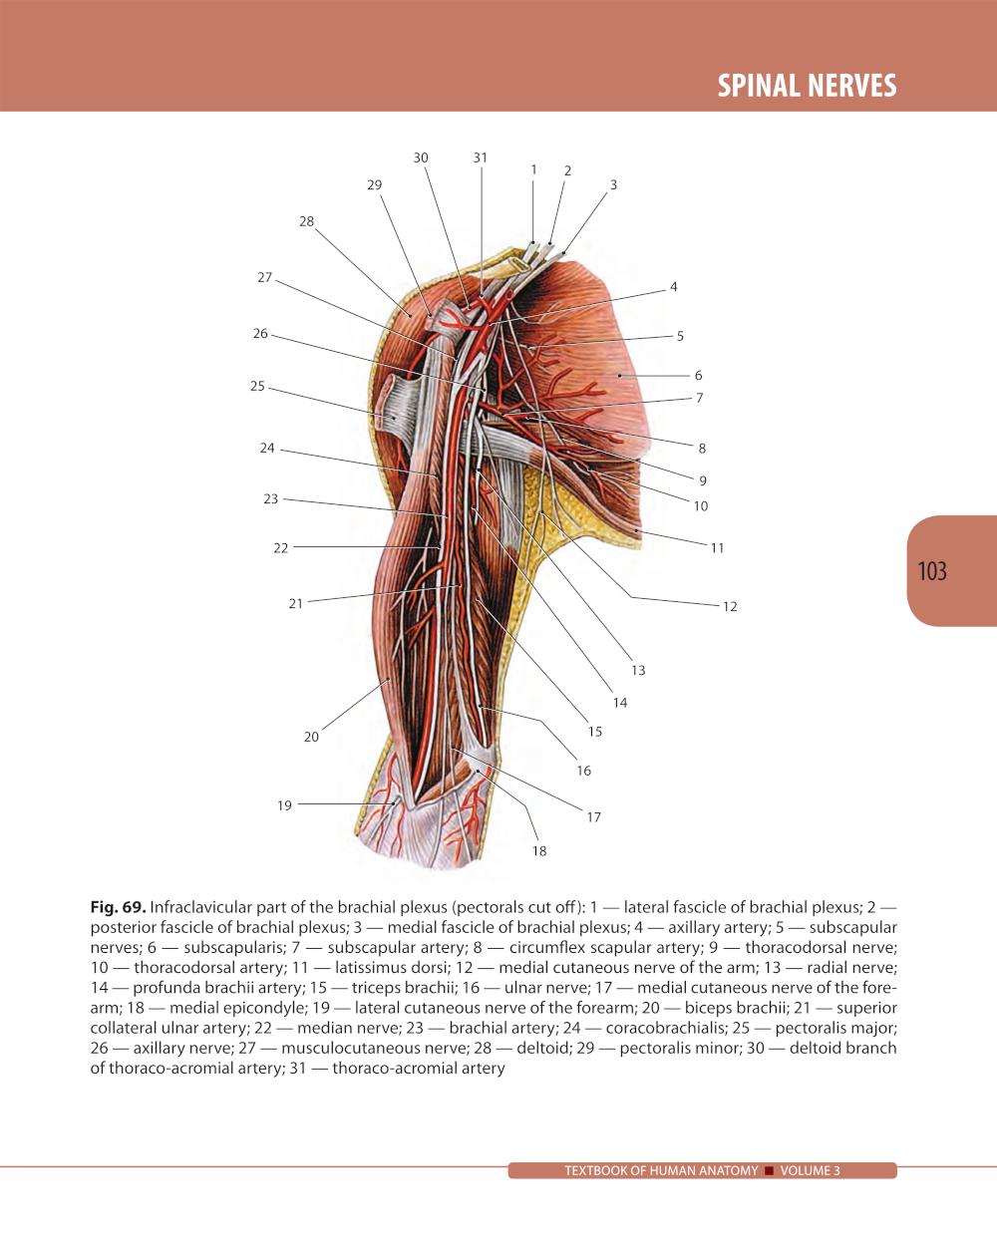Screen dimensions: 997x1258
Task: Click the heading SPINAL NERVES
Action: pos(807,86)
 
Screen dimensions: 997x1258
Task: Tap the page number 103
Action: pos(932,571)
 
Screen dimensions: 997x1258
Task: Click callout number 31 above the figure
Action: pos(481,157)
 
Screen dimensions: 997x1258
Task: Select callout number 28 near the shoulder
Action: pos(306,221)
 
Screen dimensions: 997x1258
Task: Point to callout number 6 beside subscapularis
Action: pos(698,375)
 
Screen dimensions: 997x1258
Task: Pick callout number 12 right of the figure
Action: pos(730,606)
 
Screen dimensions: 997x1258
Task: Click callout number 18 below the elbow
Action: pos(539,851)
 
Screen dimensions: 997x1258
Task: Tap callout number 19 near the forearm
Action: pos(284,805)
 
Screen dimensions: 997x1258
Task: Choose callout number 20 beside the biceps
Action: pos(311,737)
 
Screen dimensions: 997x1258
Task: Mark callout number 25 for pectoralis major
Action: pos(257,386)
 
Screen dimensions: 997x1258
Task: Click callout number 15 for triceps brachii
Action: pos(594,732)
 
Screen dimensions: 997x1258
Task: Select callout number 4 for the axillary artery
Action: pos(674,287)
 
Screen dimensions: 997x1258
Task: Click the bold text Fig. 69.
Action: pos(118,907)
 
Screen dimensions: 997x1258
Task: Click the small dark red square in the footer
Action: pos(769,1170)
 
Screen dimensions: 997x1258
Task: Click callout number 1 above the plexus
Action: pos(533,169)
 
